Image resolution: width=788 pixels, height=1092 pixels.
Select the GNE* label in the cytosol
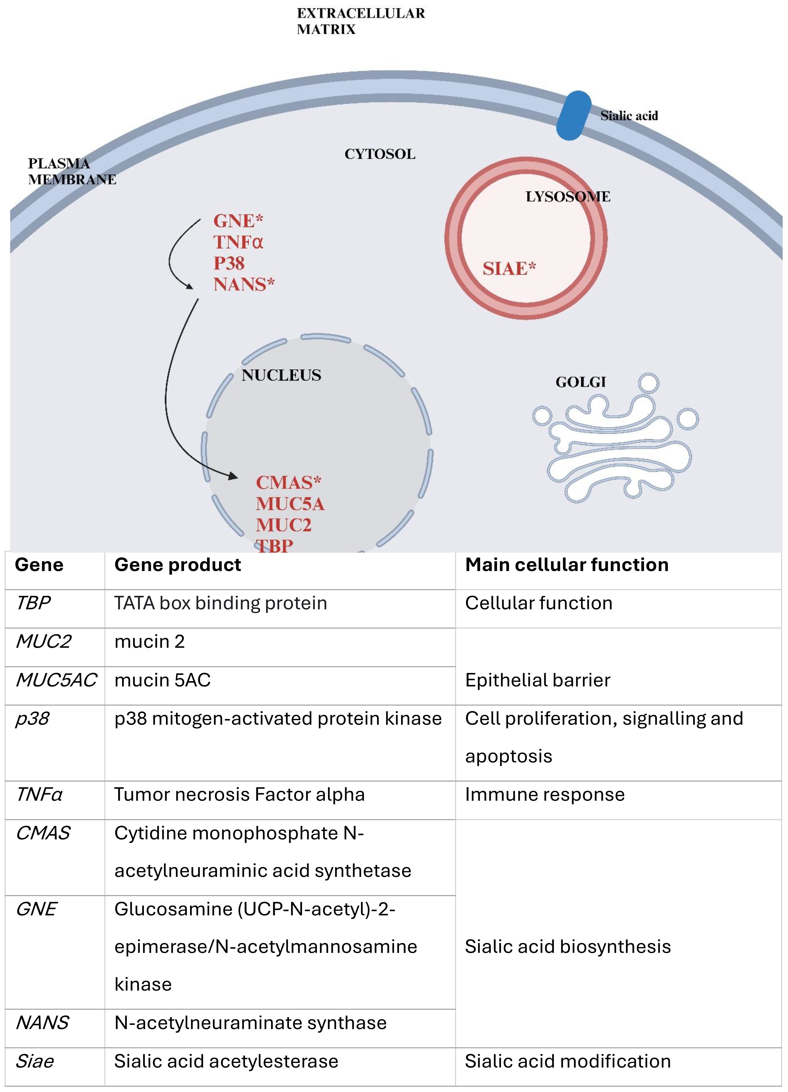[x=238, y=221]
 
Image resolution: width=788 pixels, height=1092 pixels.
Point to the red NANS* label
[x=244, y=285]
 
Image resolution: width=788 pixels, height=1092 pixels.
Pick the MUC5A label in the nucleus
[x=290, y=504]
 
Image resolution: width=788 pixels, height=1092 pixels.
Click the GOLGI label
[x=580, y=382]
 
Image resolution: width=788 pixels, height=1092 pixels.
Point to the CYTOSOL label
[x=380, y=154]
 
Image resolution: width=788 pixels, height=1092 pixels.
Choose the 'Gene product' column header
[x=178, y=565]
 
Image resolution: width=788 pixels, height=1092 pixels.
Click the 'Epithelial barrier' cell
[x=538, y=680]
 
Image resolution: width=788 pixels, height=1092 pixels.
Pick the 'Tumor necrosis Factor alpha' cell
[x=239, y=795]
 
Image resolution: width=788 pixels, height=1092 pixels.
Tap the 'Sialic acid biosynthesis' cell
[x=567, y=947]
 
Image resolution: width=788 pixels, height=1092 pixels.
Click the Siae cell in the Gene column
[x=35, y=1061]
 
